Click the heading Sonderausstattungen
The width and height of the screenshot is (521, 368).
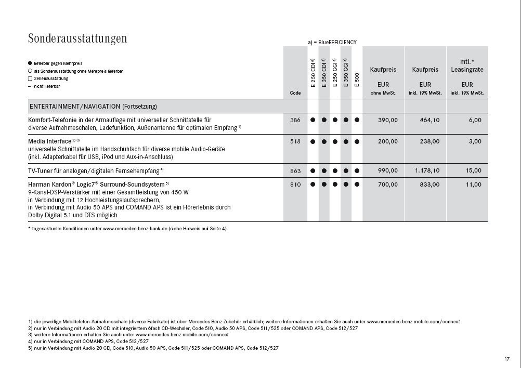point(77,38)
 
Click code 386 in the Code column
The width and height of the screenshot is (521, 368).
point(295,120)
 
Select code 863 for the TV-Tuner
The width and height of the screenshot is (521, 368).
point(295,170)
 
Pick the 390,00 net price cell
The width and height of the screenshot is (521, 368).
point(387,120)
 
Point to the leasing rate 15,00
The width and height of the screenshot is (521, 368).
point(474,170)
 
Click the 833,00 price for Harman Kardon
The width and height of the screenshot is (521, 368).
point(429,185)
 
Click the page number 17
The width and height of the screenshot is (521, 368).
point(507,359)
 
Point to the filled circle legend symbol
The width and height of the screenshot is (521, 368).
point(30,63)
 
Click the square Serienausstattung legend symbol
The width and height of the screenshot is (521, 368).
point(30,78)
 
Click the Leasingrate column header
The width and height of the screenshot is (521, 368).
point(467,69)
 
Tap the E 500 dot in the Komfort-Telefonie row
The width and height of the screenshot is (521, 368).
point(357,120)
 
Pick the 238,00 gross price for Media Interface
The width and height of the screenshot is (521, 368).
point(429,141)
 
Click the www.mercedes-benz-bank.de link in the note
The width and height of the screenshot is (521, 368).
point(134,229)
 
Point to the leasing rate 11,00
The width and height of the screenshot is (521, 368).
point(474,185)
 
